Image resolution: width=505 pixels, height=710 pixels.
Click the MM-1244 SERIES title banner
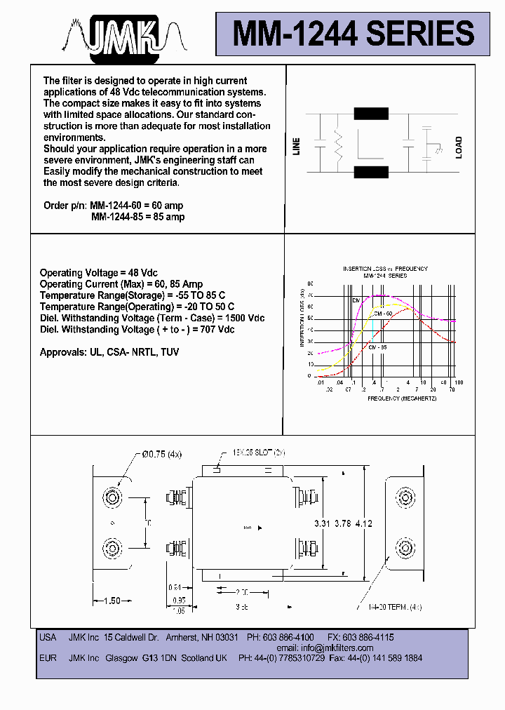(x=353, y=33)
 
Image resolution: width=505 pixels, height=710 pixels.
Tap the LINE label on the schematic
(x=297, y=147)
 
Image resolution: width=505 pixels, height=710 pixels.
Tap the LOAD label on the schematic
(x=459, y=147)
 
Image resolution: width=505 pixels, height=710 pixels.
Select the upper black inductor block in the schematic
(x=372, y=114)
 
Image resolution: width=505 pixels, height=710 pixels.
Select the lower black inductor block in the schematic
(x=372, y=173)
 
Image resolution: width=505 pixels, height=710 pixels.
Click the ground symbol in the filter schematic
(x=438, y=151)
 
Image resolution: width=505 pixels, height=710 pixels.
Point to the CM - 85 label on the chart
(x=377, y=347)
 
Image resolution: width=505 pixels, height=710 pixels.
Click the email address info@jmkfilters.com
(x=325, y=648)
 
